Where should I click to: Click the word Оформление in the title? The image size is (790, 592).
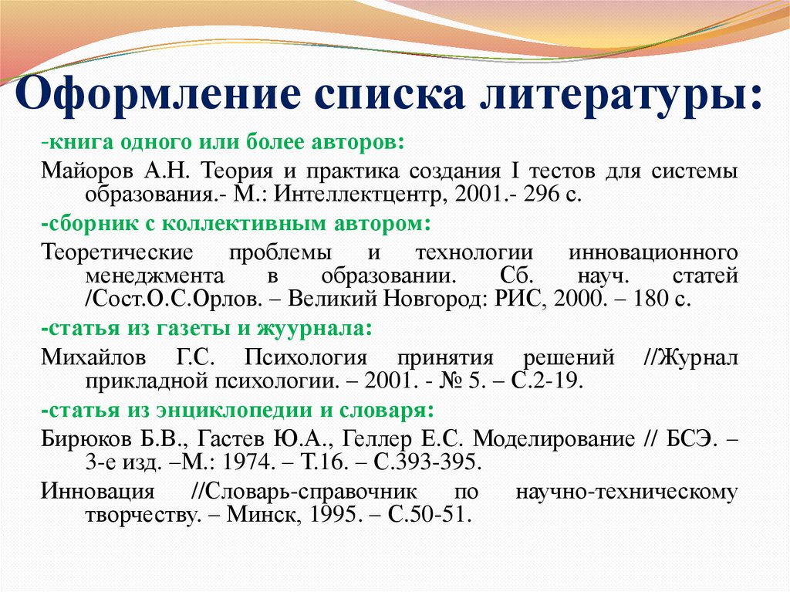[157, 94]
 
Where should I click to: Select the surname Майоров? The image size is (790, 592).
[86, 171]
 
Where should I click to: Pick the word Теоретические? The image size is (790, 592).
[117, 252]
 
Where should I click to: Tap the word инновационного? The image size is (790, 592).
[653, 252]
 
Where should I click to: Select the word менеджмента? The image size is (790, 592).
[154, 276]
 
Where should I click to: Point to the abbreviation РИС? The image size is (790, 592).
[519, 299]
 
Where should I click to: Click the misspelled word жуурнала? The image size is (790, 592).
[314, 329]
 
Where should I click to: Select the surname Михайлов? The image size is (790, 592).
[93, 357]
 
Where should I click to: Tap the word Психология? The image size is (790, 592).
[306, 357]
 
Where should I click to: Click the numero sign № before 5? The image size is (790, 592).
[451, 381]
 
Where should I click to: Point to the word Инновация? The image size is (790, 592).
[98, 491]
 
